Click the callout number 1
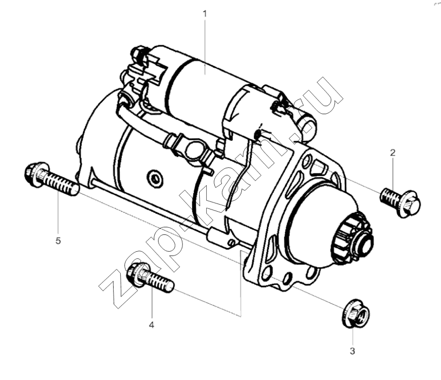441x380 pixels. click(205, 14)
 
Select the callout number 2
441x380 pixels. click(393, 153)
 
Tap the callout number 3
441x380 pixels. click(352, 351)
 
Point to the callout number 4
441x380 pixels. click(152, 325)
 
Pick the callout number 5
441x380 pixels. click(58, 241)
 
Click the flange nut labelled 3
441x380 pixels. click(356, 313)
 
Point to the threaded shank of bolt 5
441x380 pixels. click(61, 183)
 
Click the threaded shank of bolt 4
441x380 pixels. click(160, 282)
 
